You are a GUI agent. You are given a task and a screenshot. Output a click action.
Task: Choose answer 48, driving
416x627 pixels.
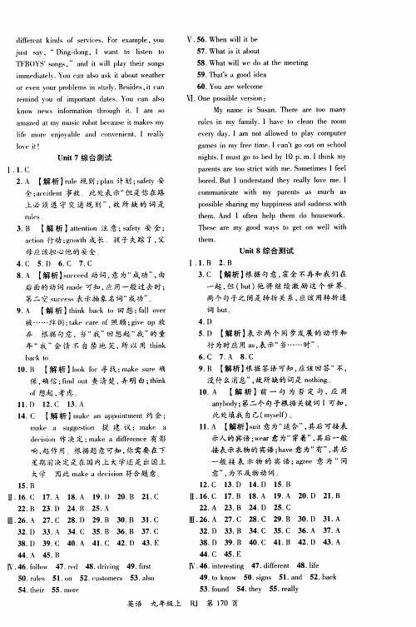pos(129,567)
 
